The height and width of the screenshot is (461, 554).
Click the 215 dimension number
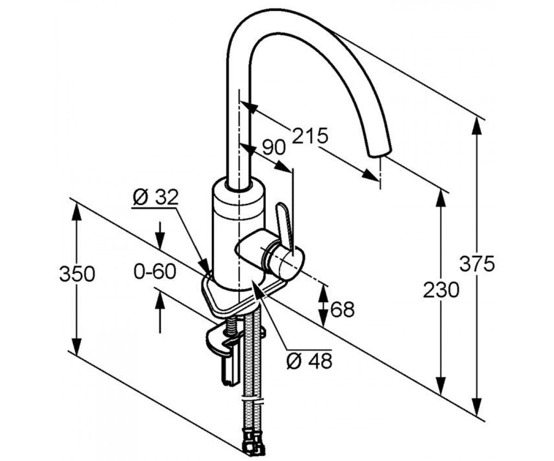pos(310,136)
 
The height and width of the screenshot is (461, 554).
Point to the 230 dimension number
pos(441,290)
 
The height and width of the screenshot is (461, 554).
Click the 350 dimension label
pos(77,274)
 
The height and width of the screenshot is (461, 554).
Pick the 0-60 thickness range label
pos(155,272)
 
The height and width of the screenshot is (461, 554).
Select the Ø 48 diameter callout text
pos(310,361)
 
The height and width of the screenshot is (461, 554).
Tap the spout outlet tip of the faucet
pos(379,153)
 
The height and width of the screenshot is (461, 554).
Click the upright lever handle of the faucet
pos(284,225)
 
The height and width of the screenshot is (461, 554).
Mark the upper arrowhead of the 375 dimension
pos(477,127)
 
